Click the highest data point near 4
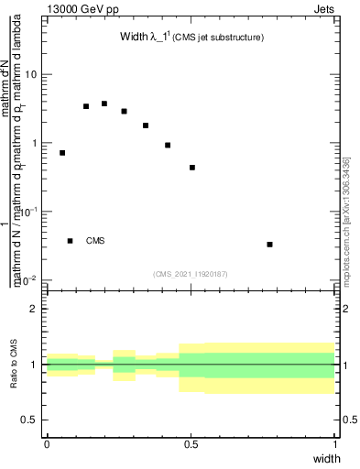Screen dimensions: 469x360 click(104, 104)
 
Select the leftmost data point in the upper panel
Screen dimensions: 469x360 click(62, 153)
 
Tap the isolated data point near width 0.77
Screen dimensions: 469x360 click(269, 245)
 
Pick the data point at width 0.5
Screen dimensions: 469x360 click(192, 168)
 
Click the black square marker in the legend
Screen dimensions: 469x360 click(71, 241)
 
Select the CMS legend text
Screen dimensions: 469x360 click(95, 241)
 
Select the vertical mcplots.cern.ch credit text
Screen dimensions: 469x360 click(345, 220)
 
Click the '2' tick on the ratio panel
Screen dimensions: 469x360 click(35, 310)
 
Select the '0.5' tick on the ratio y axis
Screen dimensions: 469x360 click(30, 420)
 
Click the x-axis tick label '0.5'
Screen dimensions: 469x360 click(191, 443)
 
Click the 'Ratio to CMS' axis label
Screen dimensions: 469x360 click(14, 365)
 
